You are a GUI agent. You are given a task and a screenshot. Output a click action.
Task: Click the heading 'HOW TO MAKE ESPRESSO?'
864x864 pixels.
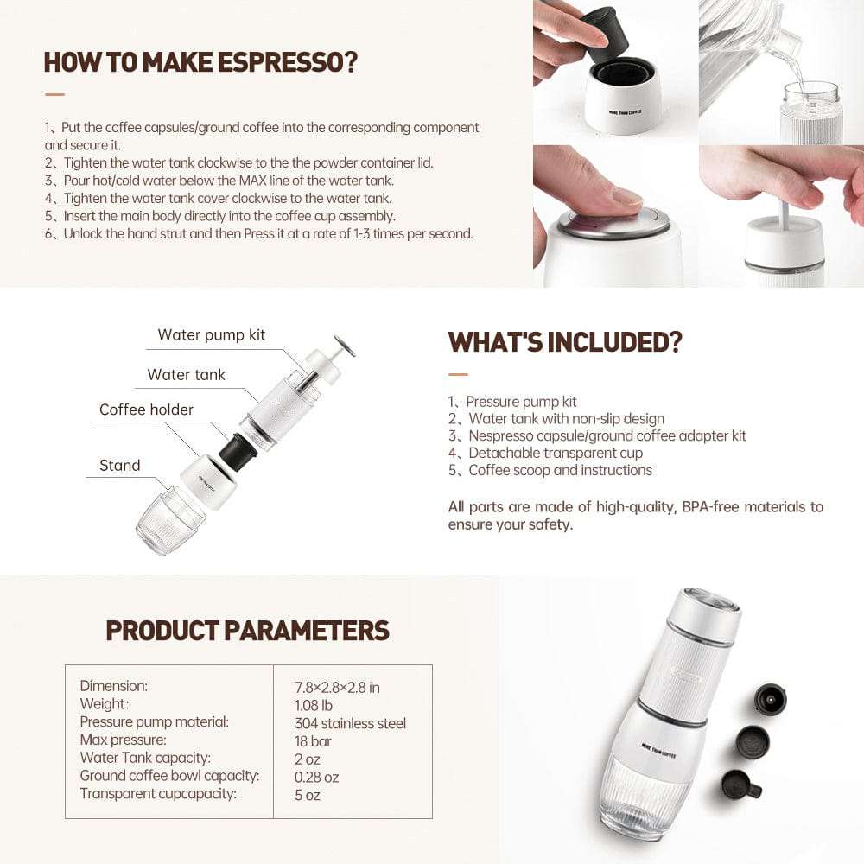[200, 62]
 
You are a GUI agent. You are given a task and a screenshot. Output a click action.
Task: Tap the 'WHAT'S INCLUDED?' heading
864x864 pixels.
[565, 342]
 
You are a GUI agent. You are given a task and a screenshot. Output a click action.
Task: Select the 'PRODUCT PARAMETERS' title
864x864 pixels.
[247, 631]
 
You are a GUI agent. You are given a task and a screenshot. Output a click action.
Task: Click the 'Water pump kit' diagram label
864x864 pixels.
[211, 335]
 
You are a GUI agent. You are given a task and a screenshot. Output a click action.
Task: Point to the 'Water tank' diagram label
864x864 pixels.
[187, 375]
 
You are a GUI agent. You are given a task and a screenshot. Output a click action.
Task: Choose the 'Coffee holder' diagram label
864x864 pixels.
[146, 410]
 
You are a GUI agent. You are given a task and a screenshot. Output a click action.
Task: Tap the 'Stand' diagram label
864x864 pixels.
[119, 465]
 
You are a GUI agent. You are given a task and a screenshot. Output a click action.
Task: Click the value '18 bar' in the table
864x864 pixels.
[313, 741]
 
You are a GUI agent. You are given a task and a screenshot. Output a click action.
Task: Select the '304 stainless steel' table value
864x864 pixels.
[350, 723]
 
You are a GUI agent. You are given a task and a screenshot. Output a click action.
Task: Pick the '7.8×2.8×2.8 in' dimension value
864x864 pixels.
[337, 688]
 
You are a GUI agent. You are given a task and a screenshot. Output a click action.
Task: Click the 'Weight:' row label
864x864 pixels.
[105, 703]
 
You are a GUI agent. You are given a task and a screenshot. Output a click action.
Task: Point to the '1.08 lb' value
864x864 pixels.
[313, 705]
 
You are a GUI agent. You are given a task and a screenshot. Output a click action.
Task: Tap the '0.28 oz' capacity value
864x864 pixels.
[316, 777]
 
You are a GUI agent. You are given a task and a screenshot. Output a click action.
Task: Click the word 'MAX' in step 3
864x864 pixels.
[252, 181]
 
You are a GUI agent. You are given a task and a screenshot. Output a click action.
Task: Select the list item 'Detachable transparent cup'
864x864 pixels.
[556, 453]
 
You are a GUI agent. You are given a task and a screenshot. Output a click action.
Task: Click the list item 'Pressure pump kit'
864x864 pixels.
[521, 402]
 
